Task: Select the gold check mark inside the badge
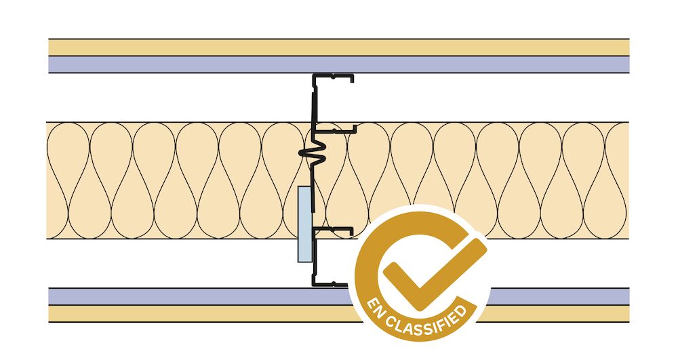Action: pos(433,274)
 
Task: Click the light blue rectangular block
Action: pos(304,224)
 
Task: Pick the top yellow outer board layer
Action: pos(338,47)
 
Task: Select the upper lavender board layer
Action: pos(338,64)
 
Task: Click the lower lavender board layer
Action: pos(199,296)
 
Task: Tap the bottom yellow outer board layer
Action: pos(199,313)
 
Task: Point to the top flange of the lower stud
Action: pos(333,231)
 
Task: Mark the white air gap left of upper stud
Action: pos(180,98)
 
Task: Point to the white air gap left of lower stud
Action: pos(173,263)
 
